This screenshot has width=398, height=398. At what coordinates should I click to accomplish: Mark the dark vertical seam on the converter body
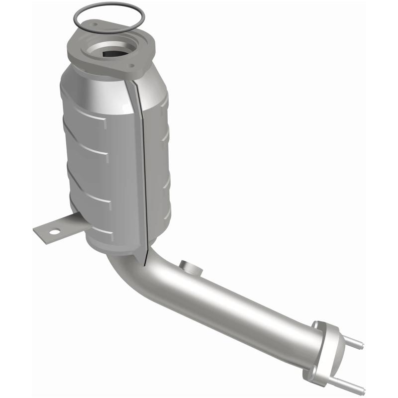[x=143, y=164]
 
